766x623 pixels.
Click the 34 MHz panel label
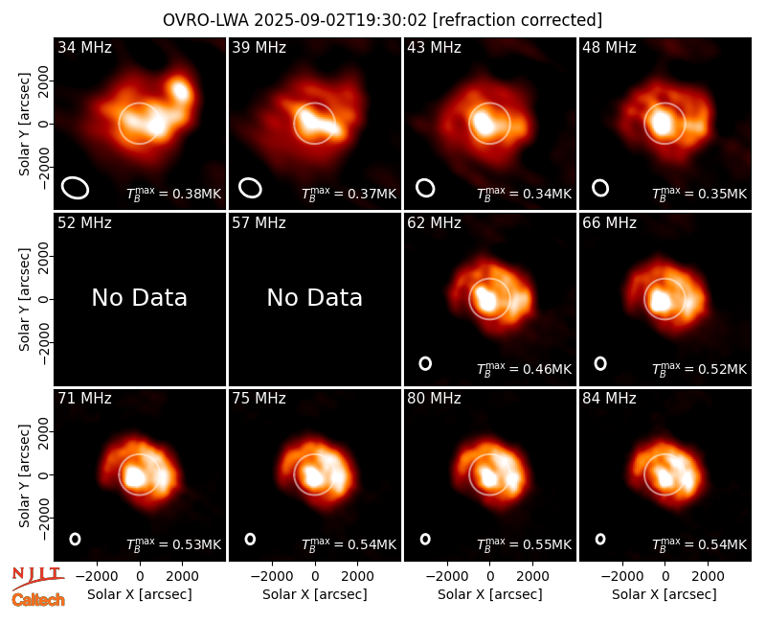(x=84, y=47)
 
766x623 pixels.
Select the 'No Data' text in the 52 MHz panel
(x=140, y=297)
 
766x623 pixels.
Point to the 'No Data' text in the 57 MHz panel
(x=315, y=297)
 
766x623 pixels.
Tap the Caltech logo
(x=38, y=600)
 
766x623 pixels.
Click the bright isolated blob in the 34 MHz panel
(x=181, y=89)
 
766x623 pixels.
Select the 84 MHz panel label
(x=609, y=398)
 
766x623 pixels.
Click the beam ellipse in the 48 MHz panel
(x=600, y=188)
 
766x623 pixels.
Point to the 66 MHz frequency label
(x=609, y=223)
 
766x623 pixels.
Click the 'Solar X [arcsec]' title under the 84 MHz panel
(x=665, y=594)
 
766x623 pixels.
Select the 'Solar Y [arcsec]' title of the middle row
(x=24, y=299)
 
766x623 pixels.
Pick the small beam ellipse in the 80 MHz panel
(x=425, y=539)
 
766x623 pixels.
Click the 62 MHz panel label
(x=434, y=223)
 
